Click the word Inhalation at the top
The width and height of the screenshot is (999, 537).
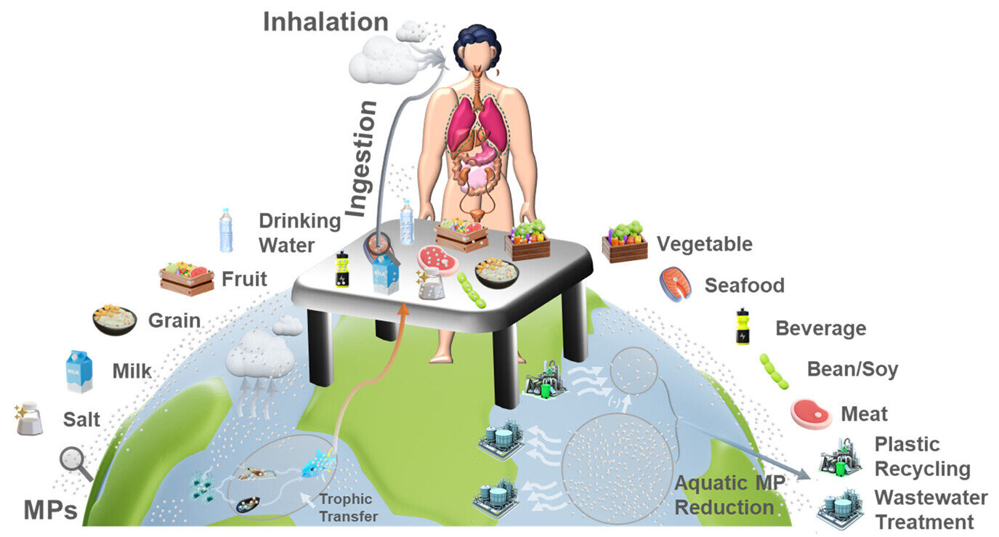click(x=326, y=21)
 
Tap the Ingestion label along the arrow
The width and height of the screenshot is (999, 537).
click(x=364, y=159)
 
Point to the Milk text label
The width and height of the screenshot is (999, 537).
click(x=132, y=371)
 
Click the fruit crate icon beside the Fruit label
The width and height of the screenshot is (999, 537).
click(x=187, y=279)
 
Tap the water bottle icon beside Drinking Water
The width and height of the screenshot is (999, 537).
click(x=227, y=230)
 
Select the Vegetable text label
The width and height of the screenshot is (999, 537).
click(x=704, y=243)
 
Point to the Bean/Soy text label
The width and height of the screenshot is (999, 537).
click(x=852, y=369)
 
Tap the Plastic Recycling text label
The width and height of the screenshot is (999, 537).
click(x=921, y=456)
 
